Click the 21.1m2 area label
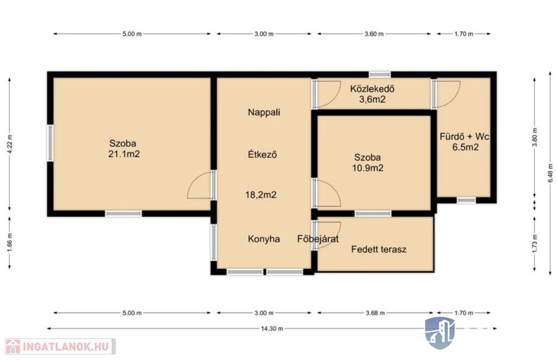(x=124, y=154)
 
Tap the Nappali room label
(x=264, y=112)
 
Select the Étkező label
(x=263, y=154)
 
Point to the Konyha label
(x=264, y=239)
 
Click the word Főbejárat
(x=318, y=239)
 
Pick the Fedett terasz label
(x=379, y=249)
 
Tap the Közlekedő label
(x=372, y=89)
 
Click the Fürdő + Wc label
(x=465, y=136)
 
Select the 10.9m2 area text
(x=368, y=168)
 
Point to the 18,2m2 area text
(x=261, y=195)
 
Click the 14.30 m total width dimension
(x=272, y=329)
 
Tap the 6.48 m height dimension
(x=550, y=173)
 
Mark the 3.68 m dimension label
(x=375, y=313)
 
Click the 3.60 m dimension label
(x=374, y=34)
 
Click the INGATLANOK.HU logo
(x=60, y=346)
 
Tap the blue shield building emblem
(x=440, y=333)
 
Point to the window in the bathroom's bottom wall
(x=466, y=200)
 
